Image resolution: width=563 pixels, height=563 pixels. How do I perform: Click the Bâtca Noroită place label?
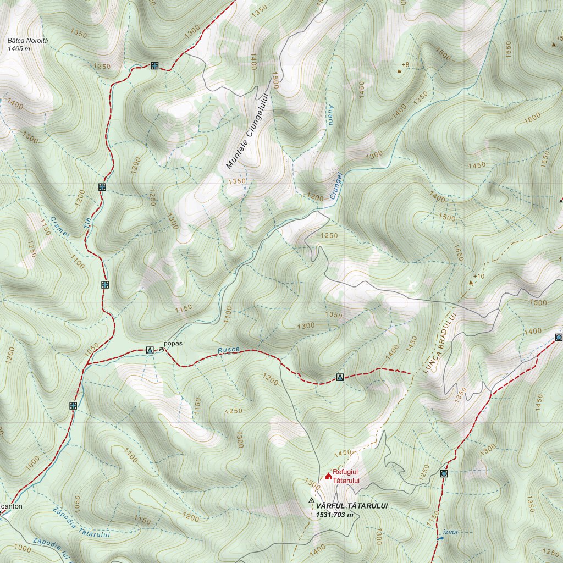coord(27,41)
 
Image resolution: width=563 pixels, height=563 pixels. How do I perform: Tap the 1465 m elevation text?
coord(19,49)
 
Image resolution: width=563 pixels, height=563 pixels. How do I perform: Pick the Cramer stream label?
coord(60,226)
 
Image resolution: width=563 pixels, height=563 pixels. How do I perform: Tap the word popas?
coord(173,344)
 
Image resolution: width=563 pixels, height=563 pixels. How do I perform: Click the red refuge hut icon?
coord(329,476)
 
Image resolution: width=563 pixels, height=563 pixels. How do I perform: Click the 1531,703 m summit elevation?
coord(334,515)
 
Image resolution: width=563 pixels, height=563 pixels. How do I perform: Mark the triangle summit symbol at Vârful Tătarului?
coord(312,501)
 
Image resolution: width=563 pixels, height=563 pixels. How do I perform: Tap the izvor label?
coord(450,532)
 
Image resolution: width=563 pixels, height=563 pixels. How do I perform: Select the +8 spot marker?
coord(403,66)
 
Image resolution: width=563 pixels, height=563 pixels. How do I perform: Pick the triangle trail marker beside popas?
coord(150,350)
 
